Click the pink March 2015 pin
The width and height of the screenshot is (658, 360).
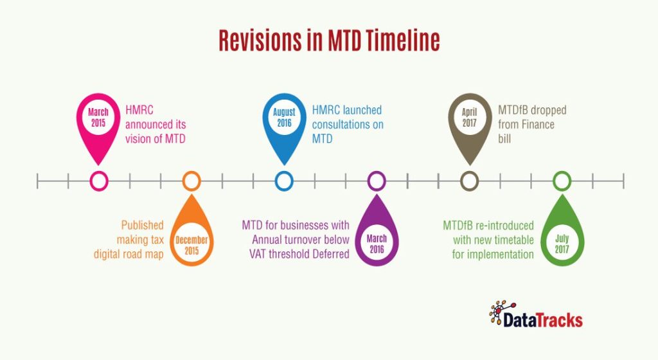[98, 120]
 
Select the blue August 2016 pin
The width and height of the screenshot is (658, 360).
[284, 120]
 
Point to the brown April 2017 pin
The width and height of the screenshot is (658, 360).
[469, 120]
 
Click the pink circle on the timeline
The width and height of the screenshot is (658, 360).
[98, 181]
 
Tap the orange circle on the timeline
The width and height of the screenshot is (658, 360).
[191, 181]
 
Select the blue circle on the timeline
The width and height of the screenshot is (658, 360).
[284, 181]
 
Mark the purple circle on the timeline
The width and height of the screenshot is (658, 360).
[377, 181]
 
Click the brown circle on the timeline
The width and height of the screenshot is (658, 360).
[469, 181]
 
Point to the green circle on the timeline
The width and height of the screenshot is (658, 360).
[562, 181]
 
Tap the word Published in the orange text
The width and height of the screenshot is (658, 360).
[142, 225]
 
